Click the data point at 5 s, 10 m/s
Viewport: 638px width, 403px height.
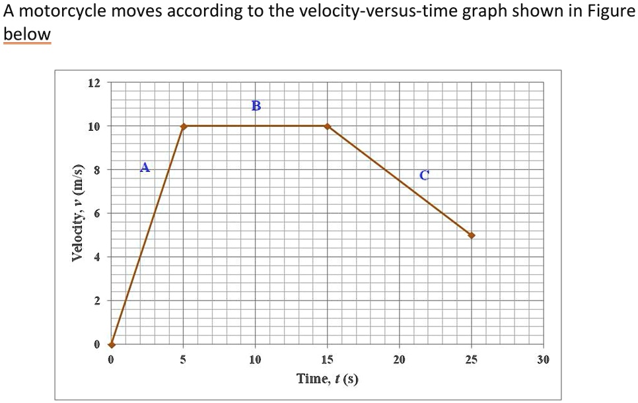(184, 126)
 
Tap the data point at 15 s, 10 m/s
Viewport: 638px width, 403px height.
(327, 126)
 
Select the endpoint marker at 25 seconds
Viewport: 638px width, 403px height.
(471, 235)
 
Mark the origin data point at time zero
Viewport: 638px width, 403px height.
(112, 344)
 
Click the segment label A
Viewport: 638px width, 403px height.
(145, 167)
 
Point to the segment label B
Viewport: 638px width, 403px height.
(256, 105)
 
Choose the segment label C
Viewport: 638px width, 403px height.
(424, 175)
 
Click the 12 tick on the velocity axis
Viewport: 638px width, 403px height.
(94, 83)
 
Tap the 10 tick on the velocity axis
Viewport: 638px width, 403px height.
(94, 126)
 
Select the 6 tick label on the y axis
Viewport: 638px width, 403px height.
(96, 213)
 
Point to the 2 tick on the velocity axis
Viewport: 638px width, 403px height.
(96, 301)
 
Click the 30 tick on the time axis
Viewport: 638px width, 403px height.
(543, 360)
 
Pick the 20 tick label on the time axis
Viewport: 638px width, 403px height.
(399, 360)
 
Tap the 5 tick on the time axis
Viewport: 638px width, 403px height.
(184, 360)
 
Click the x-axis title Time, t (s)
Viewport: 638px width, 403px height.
(328, 379)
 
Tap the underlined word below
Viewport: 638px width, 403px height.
(27, 34)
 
